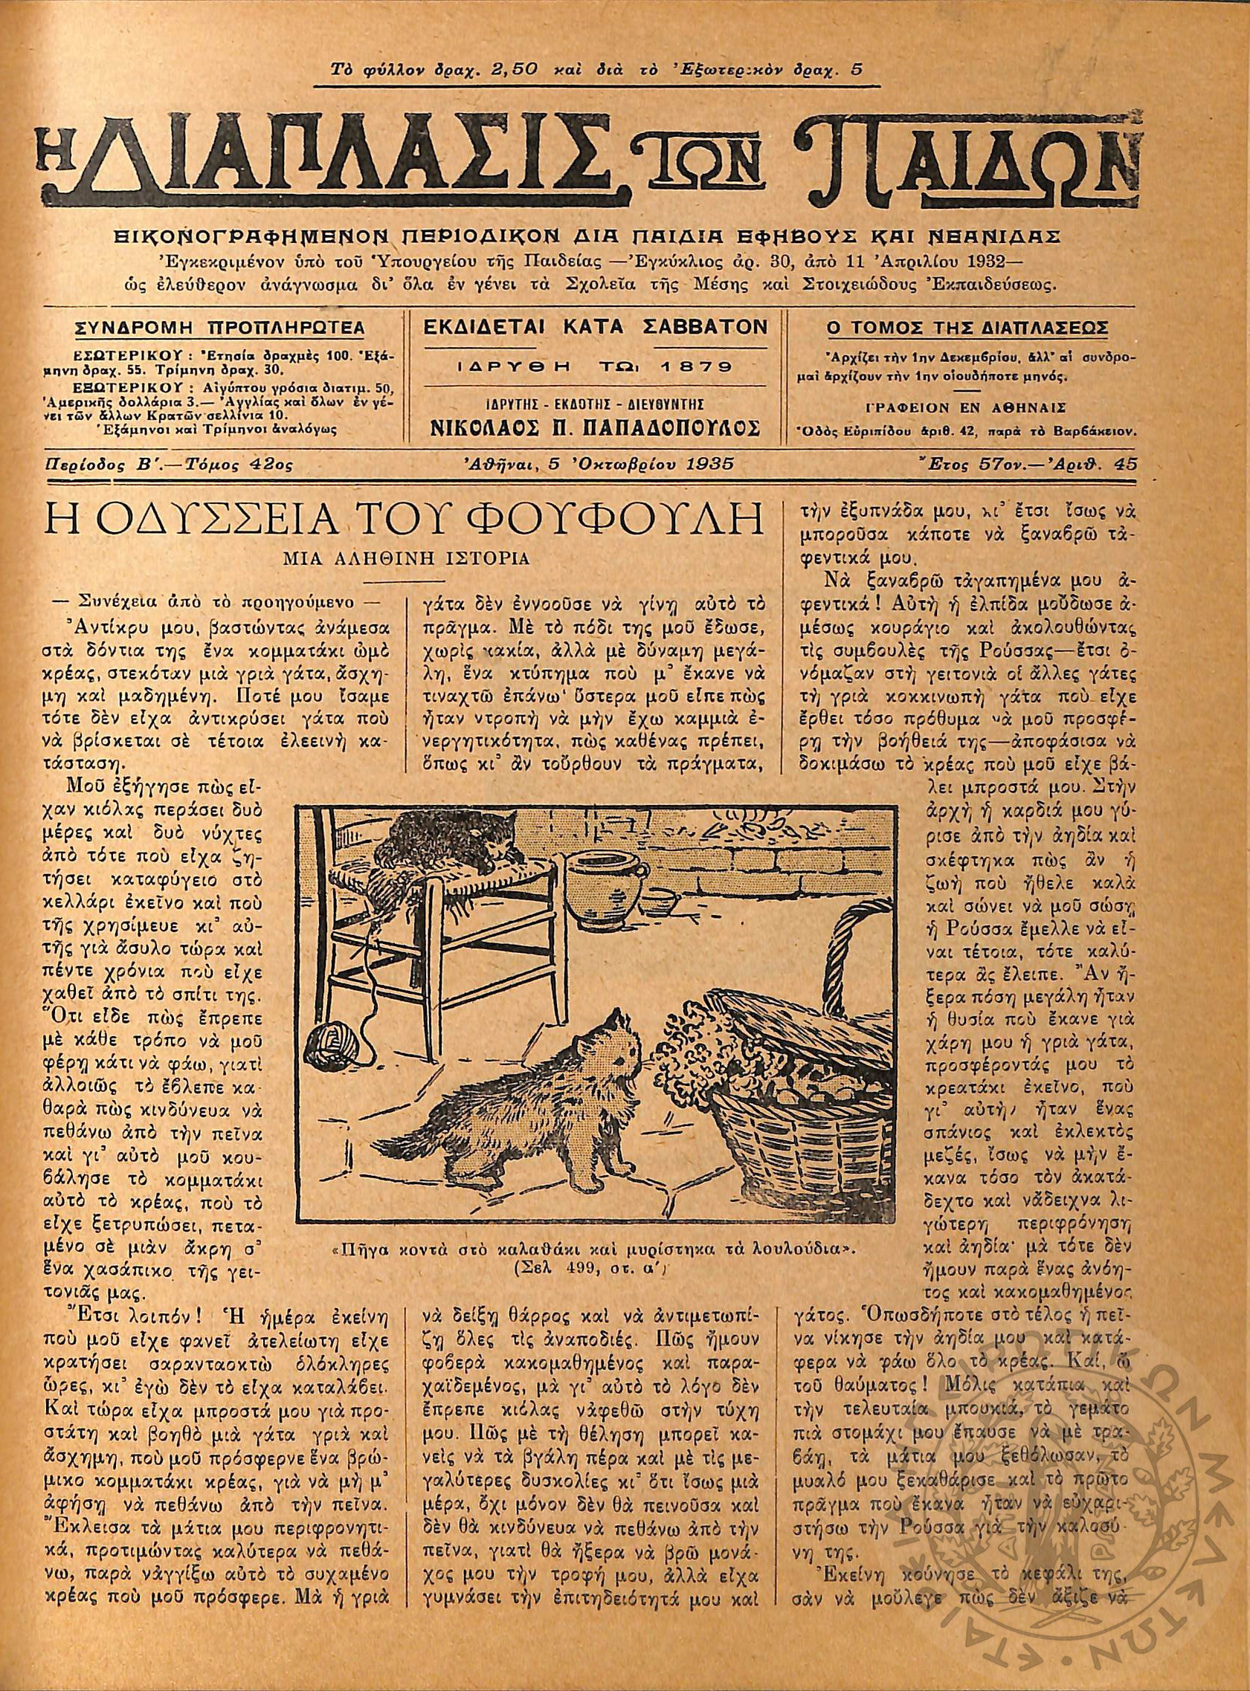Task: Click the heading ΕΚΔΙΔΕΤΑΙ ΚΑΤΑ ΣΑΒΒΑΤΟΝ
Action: (596, 328)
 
